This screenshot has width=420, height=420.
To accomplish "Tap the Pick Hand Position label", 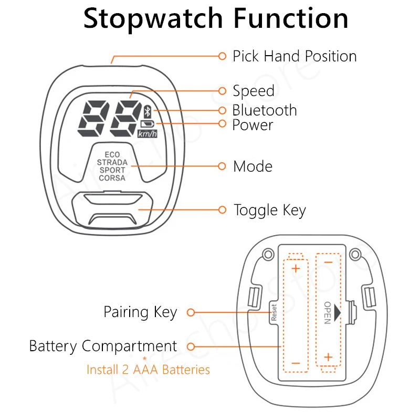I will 295,56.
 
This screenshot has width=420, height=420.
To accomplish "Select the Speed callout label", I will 254,91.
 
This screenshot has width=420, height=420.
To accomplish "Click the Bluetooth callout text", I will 265,110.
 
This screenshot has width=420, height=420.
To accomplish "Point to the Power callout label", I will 253,125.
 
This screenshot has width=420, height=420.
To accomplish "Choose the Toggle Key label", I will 270,211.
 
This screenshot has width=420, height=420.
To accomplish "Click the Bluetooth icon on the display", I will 148,111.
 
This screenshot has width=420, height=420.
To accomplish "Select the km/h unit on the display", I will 147,134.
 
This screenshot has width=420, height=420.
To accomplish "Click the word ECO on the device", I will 112,155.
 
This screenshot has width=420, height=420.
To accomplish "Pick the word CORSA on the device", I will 112,178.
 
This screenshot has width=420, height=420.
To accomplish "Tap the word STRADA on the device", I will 112,163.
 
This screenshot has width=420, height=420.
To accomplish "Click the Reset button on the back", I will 274,312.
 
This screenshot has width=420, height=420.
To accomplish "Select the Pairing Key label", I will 140,312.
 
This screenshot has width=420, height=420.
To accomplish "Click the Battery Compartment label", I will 103,346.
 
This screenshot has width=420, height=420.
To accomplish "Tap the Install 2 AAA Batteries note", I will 148,370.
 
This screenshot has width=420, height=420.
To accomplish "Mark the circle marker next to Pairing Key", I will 191,312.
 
